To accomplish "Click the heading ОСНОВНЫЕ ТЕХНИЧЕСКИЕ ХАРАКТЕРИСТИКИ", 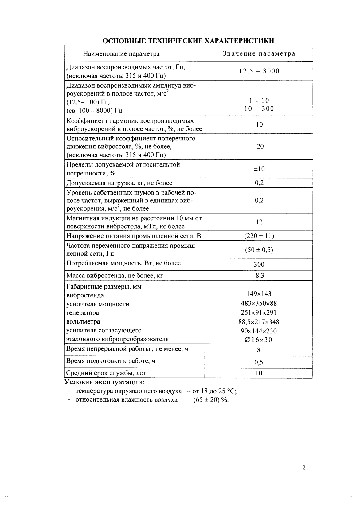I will pyautogui.click(x=188, y=41).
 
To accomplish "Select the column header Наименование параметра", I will pyautogui.click(x=121, y=54).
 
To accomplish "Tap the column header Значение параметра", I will pyautogui.click(x=259, y=54).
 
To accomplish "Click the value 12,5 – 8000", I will pyautogui.click(x=259, y=71).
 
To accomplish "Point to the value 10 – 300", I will pyautogui.click(x=259, y=109).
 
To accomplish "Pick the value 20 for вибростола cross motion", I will pyautogui.click(x=260, y=147).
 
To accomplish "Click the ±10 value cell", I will pyautogui.click(x=259, y=169).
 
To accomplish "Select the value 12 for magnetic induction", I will pyautogui.click(x=259, y=222).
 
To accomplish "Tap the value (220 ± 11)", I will pyautogui.click(x=259, y=236).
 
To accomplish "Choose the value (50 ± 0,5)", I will pyautogui.click(x=259, y=250).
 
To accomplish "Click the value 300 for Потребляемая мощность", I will pyautogui.click(x=259, y=265).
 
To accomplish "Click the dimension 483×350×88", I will pyautogui.click(x=259, y=304).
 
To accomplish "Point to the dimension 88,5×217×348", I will pyautogui.click(x=259, y=322).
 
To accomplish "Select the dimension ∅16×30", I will pyautogui.click(x=259, y=340).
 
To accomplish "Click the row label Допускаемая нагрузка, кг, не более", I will pyautogui.click(x=119, y=183).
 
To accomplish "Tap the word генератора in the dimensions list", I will pyautogui.click(x=83, y=313).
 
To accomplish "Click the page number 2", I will pyautogui.click(x=304, y=468).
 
